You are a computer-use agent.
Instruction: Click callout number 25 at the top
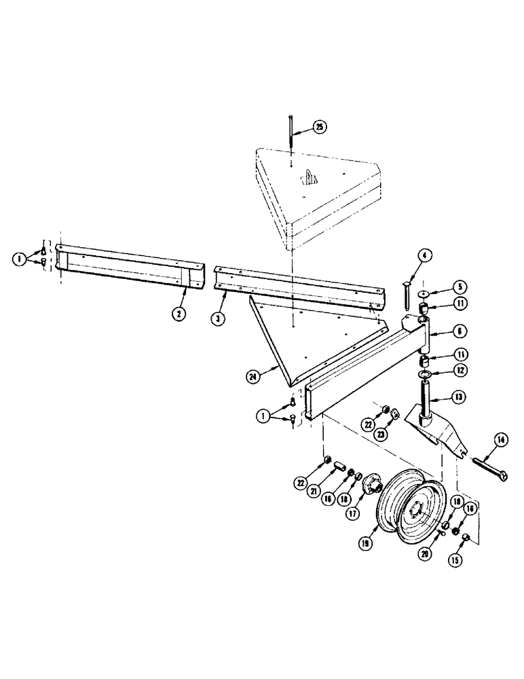click(320, 127)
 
